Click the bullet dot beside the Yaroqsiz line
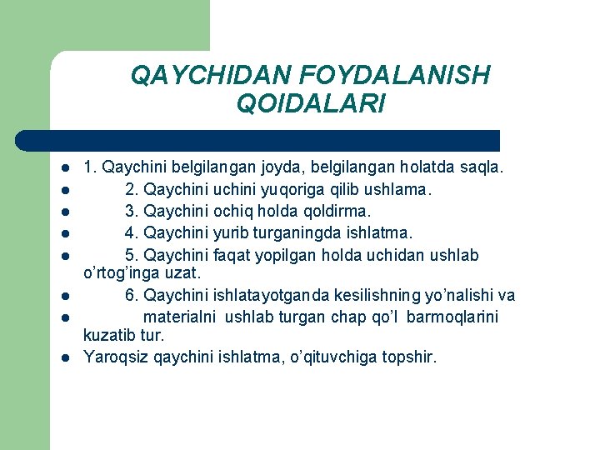tap(63, 359)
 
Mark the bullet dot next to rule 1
tap(63, 168)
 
